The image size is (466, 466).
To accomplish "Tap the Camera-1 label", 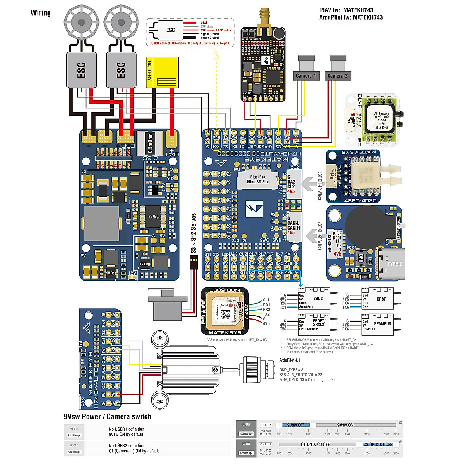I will [x=306, y=76].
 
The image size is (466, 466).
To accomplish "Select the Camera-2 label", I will [x=337, y=76].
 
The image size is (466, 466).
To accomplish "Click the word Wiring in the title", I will [x=41, y=13].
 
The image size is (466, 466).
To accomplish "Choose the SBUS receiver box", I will [x=314, y=299].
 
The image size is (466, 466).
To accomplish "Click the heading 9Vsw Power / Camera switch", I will [x=107, y=417].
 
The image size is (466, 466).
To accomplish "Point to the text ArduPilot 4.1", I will [x=290, y=360].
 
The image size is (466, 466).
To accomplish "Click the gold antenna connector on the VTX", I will [x=263, y=16].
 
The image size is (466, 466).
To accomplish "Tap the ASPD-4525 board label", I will [x=355, y=200].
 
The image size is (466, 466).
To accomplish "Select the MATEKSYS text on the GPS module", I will [x=225, y=332].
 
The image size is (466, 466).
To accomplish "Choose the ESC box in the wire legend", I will [x=170, y=30].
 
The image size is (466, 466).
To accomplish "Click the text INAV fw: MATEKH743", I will [x=346, y=10].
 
